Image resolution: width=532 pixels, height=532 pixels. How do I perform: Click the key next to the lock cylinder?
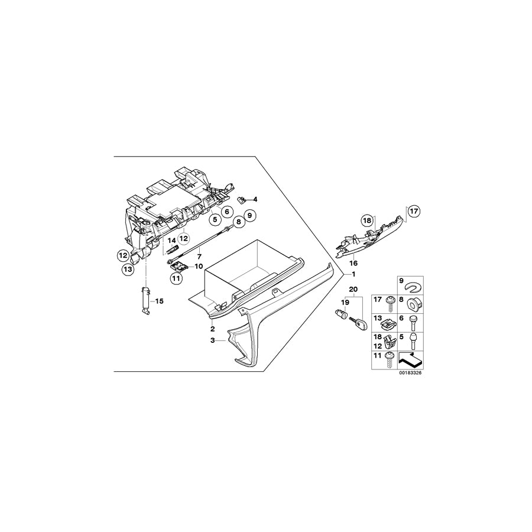(359, 323)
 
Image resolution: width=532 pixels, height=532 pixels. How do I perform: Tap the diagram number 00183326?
(411, 373)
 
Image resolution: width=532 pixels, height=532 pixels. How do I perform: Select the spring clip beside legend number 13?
(388, 323)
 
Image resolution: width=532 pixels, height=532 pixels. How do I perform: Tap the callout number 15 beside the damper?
(158, 301)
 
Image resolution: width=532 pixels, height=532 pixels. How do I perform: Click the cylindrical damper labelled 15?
(144, 301)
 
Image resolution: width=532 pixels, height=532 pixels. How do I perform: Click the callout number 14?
(171, 240)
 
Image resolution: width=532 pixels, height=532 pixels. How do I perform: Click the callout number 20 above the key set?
(353, 290)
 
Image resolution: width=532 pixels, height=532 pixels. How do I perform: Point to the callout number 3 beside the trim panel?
(212, 341)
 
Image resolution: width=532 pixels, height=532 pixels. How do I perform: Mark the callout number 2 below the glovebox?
(212, 328)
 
